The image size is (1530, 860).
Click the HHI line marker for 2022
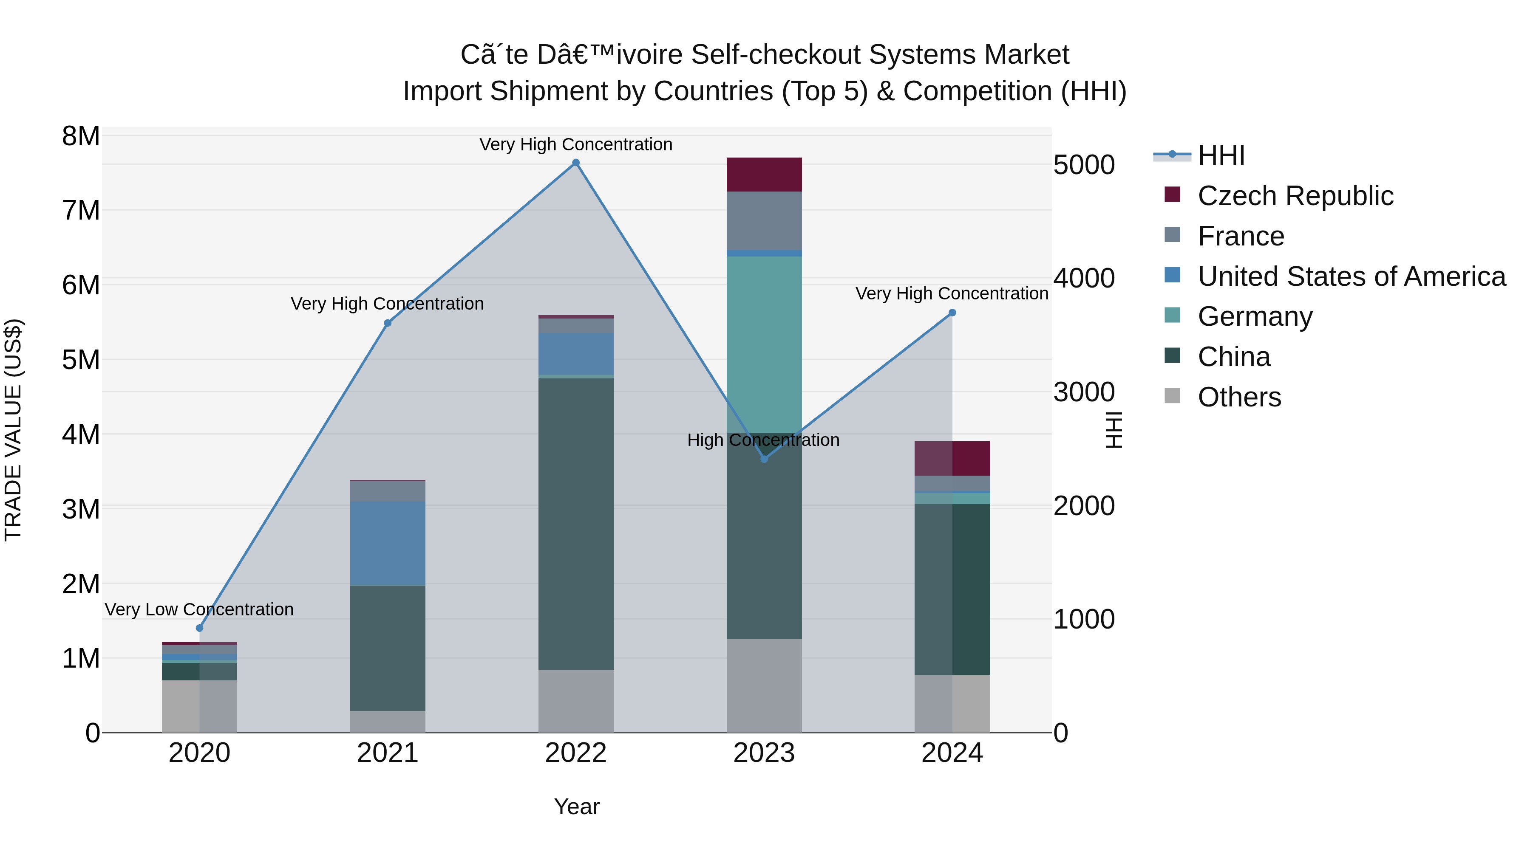575,163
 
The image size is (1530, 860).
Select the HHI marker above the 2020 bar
200,628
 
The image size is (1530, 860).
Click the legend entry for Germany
1255,316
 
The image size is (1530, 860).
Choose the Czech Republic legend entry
1295,196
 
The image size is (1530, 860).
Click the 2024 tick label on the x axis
952,753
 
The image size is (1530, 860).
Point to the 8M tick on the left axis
81,136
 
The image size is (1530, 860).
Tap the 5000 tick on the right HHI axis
1084,165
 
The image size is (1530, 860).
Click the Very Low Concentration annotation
200,609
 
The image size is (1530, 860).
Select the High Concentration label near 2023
763,440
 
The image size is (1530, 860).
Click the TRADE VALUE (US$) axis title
13,430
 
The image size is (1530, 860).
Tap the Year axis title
576,806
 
